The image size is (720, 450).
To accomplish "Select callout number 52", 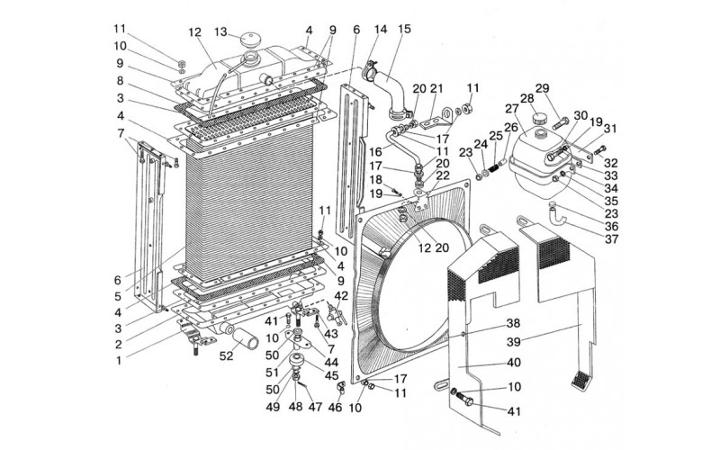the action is (x=226, y=355).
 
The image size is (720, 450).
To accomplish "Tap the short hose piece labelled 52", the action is (x=246, y=339).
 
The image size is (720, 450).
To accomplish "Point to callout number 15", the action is (x=404, y=29).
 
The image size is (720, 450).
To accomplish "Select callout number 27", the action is (x=511, y=109).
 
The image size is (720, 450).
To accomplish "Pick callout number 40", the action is (x=514, y=363).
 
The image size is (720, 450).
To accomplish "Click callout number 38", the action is (x=513, y=323).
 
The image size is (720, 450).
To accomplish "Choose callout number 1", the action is (x=119, y=361).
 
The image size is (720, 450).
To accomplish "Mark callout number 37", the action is (x=612, y=239).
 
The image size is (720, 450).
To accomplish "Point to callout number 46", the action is (x=335, y=407).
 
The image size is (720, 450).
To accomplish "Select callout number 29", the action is (x=543, y=88).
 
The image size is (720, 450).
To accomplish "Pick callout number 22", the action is (x=443, y=175).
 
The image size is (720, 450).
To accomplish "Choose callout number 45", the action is (x=331, y=375).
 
